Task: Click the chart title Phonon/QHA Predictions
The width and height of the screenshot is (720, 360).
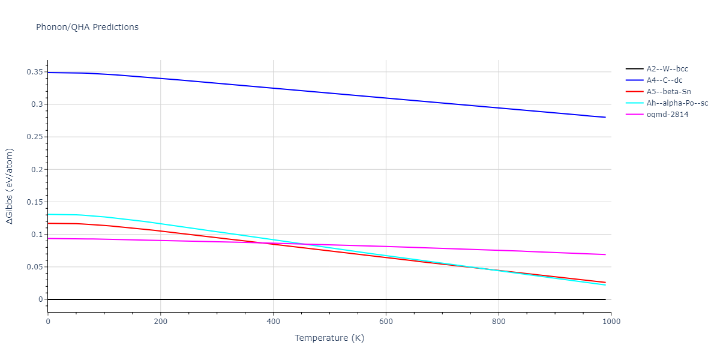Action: (87, 27)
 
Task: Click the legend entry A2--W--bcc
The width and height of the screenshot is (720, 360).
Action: (665, 69)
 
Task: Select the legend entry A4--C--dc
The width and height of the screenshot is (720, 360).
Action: (664, 80)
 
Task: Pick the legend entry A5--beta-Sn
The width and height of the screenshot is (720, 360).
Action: (668, 92)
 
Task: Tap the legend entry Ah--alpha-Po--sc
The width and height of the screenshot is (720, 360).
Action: (677, 103)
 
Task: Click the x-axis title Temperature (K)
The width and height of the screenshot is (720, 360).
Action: (329, 338)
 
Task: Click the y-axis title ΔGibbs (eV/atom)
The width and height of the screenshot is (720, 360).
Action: (11, 186)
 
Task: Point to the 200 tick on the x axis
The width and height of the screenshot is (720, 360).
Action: (160, 321)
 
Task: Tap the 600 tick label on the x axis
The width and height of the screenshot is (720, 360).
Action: (386, 321)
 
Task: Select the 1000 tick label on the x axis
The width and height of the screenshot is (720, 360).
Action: (611, 321)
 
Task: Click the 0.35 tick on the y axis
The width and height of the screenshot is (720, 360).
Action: (35, 72)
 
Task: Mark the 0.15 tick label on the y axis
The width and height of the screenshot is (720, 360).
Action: (35, 202)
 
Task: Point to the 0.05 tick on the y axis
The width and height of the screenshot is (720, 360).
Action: (35, 267)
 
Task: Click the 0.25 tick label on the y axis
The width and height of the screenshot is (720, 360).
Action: (35, 137)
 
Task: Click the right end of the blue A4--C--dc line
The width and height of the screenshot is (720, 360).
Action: (605, 117)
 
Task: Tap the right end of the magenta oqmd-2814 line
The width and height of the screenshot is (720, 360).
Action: (605, 254)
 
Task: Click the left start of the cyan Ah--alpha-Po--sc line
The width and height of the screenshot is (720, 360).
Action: (48, 214)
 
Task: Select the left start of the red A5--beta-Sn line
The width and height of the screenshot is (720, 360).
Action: (48, 223)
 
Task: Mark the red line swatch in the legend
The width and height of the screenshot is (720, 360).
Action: (634, 92)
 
